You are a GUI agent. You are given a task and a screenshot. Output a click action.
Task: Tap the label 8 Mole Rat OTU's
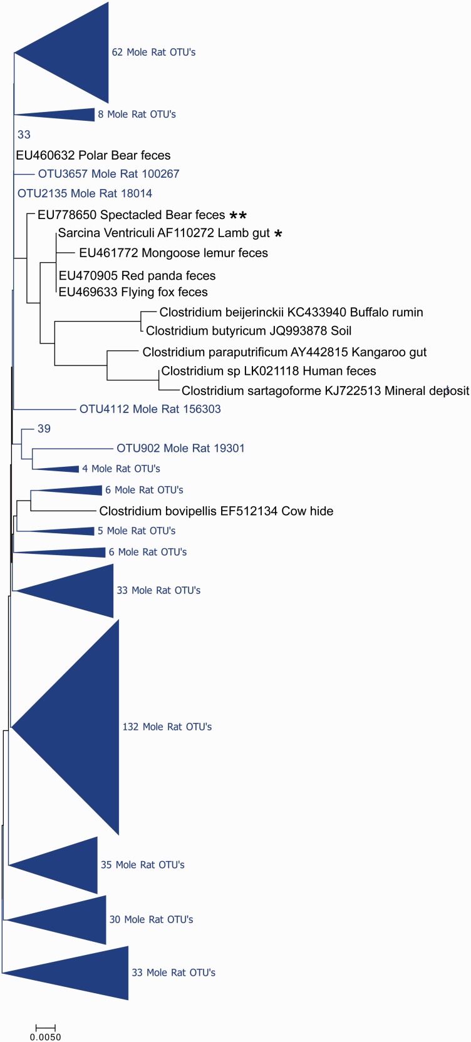click(x=137, y=115)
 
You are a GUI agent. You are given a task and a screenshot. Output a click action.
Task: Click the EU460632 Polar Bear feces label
click(x=93, y=155)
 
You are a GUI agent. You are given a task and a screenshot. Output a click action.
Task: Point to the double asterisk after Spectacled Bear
click(x=238, y=215)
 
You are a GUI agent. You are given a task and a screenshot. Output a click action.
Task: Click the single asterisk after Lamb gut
click(x=278, y=233)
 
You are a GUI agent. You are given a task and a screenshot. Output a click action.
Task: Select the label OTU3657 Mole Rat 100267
click(x=108, y=174)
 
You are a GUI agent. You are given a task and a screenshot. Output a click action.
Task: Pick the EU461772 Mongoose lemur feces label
click(x=173, y=253)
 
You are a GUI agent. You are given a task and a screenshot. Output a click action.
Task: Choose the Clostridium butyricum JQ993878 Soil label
click(x=248, y=330)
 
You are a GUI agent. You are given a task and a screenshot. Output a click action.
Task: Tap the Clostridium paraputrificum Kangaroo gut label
click(x=284, y=352)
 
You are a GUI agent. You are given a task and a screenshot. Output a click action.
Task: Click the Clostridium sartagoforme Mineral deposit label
click(x=325, y=391)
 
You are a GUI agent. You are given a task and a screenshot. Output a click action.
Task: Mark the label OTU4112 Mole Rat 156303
click(x=150, y=409)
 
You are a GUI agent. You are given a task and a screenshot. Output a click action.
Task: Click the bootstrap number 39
click(x=44, y=429)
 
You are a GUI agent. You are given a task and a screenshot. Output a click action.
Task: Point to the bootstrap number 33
click(x=24, y=135)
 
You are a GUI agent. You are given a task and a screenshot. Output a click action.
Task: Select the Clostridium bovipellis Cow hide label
click(x=216, y=511)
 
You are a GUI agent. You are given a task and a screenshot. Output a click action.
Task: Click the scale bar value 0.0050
click(x=46, y=1037)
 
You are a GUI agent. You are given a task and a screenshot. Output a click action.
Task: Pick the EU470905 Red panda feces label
click(x=137, y=275)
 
